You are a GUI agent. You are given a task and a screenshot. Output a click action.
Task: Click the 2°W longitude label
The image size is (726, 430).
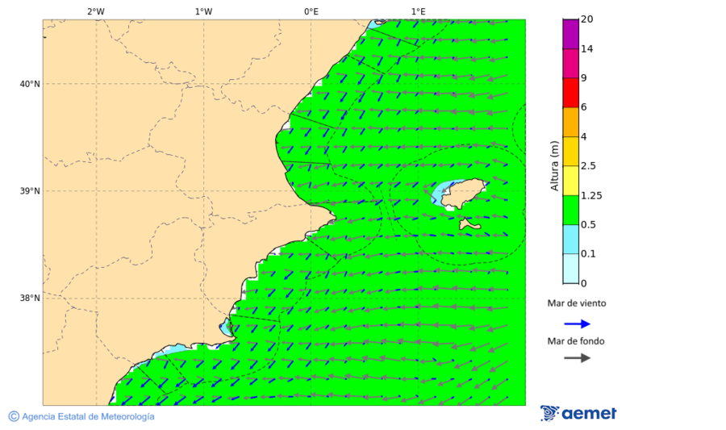point(95,11)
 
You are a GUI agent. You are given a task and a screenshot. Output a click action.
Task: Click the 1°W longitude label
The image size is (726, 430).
point(203,11)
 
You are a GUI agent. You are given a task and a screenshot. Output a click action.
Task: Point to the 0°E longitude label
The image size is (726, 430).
point(311,11)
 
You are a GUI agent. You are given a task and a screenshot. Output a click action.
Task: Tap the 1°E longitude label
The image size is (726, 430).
point(418,11)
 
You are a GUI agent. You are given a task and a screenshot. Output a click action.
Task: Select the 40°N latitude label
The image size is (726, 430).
point(30,84)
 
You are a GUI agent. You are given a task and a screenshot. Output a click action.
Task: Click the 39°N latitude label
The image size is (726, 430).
point(30,191)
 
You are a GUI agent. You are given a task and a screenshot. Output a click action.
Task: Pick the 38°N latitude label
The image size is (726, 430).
point(30,298)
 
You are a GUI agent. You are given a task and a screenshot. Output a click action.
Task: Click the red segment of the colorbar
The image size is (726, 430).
point(571,93)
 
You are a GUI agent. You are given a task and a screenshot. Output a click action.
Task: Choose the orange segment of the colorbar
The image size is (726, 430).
point(571,122)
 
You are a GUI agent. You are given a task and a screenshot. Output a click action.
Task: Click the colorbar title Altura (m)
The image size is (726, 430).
point(554,165)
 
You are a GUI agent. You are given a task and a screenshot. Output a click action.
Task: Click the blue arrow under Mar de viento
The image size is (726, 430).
point(577,324)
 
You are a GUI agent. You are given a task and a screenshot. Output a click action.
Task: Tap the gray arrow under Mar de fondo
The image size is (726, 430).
point(577,358)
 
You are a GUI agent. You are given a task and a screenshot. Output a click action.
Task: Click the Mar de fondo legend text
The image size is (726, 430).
point(576,341)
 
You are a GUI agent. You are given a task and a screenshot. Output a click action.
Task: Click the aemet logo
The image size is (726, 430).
point(578,413)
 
